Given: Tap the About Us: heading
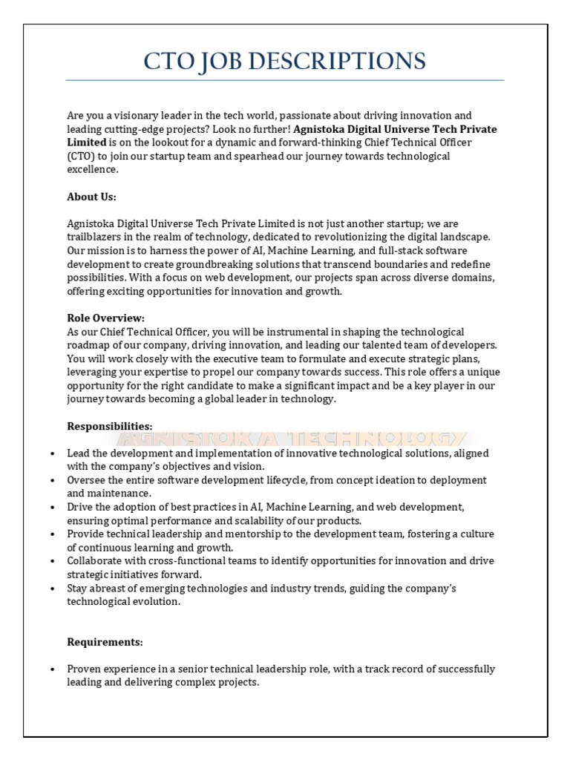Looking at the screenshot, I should [x=91, y=197].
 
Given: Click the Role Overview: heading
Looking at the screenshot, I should [x=105, y=318].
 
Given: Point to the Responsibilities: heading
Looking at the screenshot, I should [x=109, y=426].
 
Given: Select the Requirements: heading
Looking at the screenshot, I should [x=105, y=642].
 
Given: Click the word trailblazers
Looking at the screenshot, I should [x=96, y=237].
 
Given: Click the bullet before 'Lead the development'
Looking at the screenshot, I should [x=50, y=453].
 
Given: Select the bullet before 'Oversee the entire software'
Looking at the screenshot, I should [x=50, y=480].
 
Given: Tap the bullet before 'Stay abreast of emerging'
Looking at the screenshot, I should [x=50, y=589].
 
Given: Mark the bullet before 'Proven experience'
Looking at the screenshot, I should [x=50, y=669].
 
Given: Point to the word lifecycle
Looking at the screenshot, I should [x=282, y=480].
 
